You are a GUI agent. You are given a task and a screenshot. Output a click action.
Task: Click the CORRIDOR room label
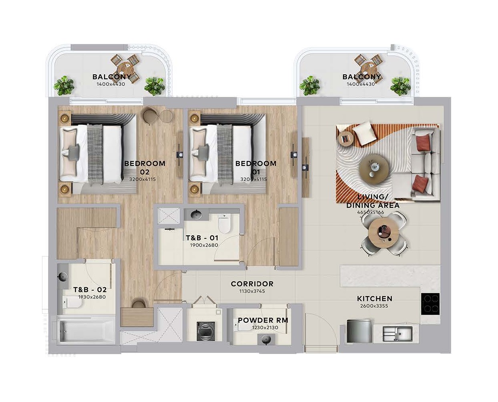(x=252, y=284)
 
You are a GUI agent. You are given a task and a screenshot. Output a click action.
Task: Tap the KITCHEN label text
(x=374, y=299)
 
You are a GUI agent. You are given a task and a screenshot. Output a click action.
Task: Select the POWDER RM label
(x=263, y=320)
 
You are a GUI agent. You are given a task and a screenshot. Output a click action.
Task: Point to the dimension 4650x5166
(x=370, y=212)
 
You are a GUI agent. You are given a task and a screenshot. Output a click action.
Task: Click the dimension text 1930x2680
(x=92, y=297)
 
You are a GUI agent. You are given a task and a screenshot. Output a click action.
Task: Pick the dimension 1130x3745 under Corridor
(x=252, y=291)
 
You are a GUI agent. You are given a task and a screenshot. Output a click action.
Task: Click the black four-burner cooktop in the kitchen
(x=430, y=303)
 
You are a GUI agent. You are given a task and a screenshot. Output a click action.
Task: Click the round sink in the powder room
(x=265, y=339)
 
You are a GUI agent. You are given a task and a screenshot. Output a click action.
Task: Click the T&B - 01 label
(x=202, y=238)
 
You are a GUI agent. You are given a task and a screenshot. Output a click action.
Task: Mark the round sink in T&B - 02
(x=63, y=277)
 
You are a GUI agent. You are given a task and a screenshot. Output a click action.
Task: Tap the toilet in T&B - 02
(x=72, y=302)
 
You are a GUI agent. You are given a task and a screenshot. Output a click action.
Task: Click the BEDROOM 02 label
(x=145, y=167)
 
